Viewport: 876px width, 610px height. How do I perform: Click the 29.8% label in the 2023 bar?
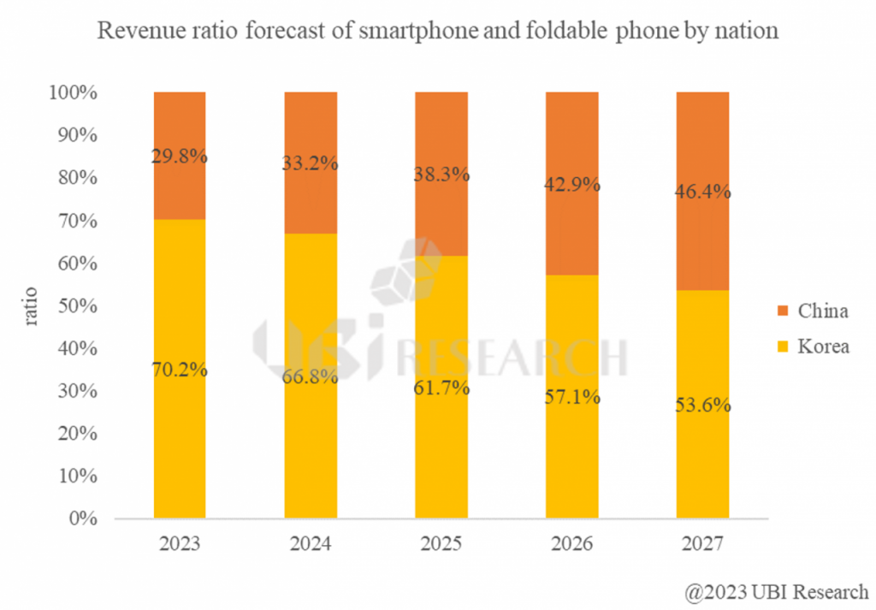point(179,157)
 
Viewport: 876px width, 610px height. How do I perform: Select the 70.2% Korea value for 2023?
point(179,370)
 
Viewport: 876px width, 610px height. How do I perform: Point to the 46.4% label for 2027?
point(702,192)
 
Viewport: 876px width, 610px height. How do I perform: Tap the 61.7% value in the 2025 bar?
point(441,388)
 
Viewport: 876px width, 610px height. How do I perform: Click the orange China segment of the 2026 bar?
point(572,222)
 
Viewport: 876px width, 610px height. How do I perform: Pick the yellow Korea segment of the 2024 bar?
point(311,445)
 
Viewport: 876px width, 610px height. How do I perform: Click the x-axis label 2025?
point(441,545)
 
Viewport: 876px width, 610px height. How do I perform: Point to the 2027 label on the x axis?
point(702,545)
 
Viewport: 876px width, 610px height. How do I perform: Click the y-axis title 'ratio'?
point(31,305)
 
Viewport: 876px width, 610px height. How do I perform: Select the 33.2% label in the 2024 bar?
point(311,163)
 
